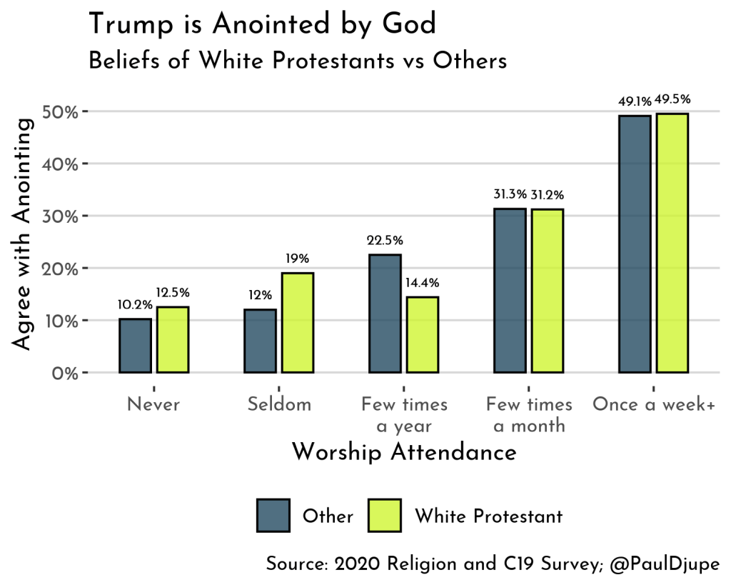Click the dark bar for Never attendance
coord(135,346)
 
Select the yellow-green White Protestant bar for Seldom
coord(297,323)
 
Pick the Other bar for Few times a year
coord(385,314)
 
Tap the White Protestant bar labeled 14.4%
coord(422,334)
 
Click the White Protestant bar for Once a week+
coord(672,243)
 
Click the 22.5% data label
coord(384,240)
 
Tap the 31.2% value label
coord(546,194)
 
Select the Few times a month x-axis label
coord(529,415)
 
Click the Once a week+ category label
coord(653,405)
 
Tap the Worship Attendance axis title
coord(404,452)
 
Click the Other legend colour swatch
coord(273,516)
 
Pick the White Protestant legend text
coord(488,516)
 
